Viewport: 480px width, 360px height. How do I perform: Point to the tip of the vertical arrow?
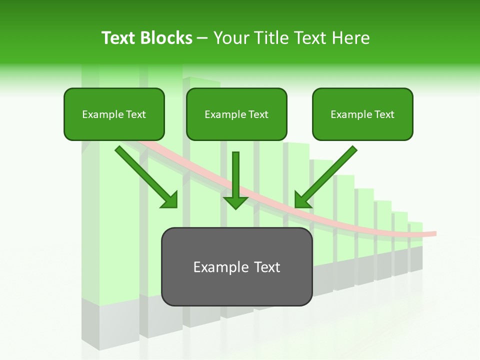point(235,208)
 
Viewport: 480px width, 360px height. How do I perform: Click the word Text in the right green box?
point(384,114)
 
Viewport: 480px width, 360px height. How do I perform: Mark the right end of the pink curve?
point(435,233)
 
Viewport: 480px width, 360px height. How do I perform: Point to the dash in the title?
point(202,38)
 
